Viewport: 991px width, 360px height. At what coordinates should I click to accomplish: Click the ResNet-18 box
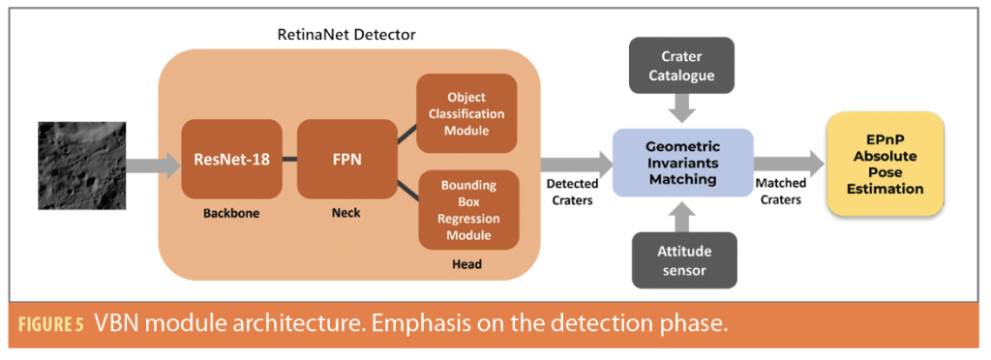click(x=231, y=159)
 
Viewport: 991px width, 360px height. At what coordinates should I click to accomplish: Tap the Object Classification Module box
click(x=466, y=113)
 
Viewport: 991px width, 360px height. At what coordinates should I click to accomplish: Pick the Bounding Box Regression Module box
click(x=469, y=210)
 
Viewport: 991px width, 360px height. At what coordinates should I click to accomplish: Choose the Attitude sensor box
click(x=683, y=260)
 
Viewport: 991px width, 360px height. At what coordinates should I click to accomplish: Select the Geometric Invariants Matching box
click(x=682, y=164)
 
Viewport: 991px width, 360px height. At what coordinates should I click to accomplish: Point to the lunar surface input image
click(x=82, y=165)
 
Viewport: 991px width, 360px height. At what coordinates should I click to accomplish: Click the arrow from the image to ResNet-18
click(x=153, y=165)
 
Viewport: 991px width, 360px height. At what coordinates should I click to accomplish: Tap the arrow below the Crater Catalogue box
click(x=682, y=109)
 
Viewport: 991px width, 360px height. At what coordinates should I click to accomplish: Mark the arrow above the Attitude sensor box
click(x=682, y=216)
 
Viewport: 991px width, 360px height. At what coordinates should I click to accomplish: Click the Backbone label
click(x=231, y=213)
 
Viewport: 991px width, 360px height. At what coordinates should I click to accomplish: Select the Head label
click(x=467, y=264)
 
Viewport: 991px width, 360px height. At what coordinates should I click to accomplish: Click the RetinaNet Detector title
click(x=346, y=35)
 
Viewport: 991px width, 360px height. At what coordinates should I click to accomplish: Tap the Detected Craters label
click(x=572, y=192)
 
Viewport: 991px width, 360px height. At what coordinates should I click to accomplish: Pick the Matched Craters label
click(x=781, y=192)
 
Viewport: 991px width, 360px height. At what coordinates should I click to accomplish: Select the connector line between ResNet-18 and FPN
click(x=289, y=159)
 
